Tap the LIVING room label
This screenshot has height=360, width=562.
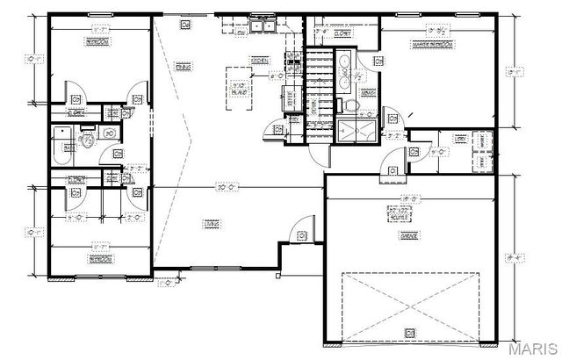click(212, 225)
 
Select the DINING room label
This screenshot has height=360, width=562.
click(184, 67)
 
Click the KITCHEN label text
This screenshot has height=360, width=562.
click(260, 60)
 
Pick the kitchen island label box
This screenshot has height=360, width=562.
click(237, 87)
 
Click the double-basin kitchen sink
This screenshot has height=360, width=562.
click(261, 26)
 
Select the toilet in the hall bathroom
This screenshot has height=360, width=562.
click(88, 140)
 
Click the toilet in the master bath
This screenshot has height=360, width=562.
click(350, 104)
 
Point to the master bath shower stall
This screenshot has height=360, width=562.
click(358, 131)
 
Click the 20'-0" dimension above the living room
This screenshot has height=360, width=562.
click(228, 186)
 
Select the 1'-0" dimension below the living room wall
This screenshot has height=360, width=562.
click(162, 284)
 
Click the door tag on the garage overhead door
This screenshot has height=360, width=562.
click(409, 331)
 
